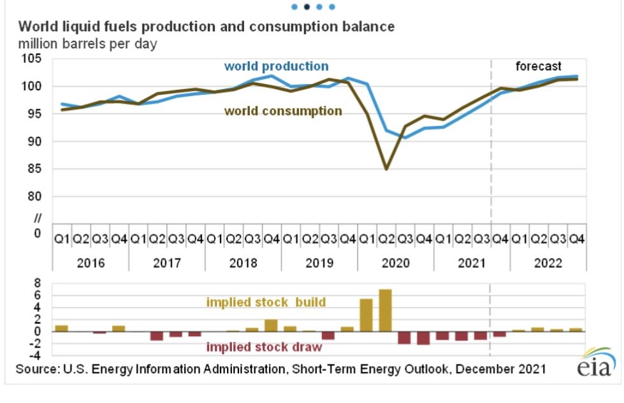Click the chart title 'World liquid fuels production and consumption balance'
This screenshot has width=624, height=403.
pyautogui.click(x=206, y=27)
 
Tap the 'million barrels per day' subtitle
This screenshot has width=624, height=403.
pyautogui.click(x=87, y=44)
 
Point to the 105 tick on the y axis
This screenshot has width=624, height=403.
pyautogui.click(x=30, y=59)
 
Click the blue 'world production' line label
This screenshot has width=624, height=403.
pyautogui.click(x=276, y=66)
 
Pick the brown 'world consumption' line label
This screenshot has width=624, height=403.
pyautogui.click(x=283, y=111)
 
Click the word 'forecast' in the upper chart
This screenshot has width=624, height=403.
pyautogui.click(x=538, y=66)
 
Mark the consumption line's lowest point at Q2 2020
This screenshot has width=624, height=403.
pyautogui.click(x=386, y=169)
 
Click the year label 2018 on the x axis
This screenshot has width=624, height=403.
pyautogui.click(x=243, y=262)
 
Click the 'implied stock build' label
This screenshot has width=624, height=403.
pyautogui.click(x=266, y=302)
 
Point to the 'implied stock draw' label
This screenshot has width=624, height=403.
pyautogui.click(x=264, y=347)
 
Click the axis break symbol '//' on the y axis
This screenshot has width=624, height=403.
pyautogui.click(x=37, y=220)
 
